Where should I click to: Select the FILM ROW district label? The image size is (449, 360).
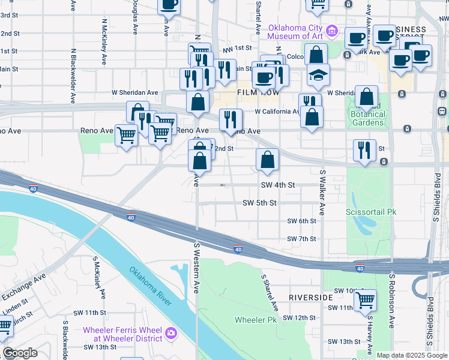click(256, 93)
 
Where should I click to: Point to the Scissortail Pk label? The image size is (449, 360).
click(372, 212)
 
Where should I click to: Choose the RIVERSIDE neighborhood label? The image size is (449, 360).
click(310, 298)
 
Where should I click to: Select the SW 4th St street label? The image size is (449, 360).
click(278, 185)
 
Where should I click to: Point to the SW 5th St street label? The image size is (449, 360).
click(259, 203)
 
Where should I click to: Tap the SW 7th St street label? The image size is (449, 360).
click(301, 239)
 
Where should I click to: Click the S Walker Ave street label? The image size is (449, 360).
click(322, 192)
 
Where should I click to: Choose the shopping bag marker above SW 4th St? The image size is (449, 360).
click(267, 160)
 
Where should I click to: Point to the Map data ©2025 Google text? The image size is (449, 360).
click(412, 355)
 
